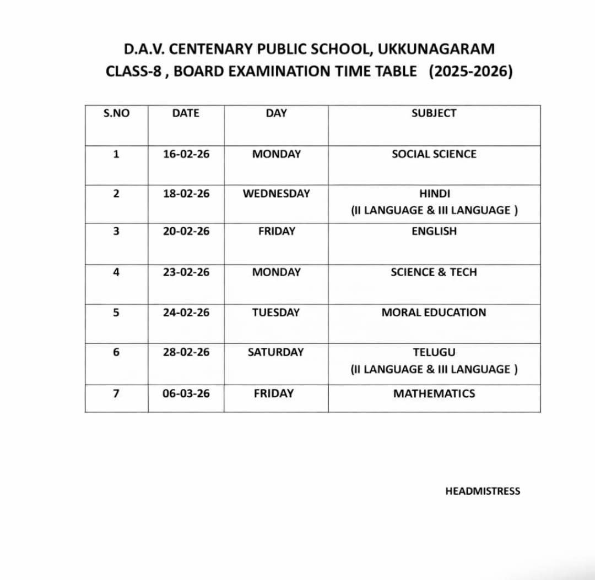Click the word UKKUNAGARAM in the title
[x=436, y=49]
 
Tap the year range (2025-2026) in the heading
[x=470, y=72]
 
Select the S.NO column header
[x=116, y=113]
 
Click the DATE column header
[x=186, y=113]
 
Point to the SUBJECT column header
[x=434, y=113]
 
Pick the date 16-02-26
[x=186, y=154]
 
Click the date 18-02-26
[x=186, y=194]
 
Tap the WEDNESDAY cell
[x=276, y=194]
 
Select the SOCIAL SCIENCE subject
[x=434, y=154]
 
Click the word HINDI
[x=434, y=194]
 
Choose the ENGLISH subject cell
[x=434, y=231]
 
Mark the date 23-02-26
[x=186, y=272]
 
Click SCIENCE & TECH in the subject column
[x=434, y=272]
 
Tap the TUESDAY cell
[x=276, y=313]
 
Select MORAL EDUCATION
[x=434, y=313]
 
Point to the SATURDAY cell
[x=275, y=352]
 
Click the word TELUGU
[x=434, y=352]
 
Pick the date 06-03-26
[x=186, y=393]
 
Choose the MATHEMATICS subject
[x=434, y=393]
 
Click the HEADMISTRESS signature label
[x=483, y=491]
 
